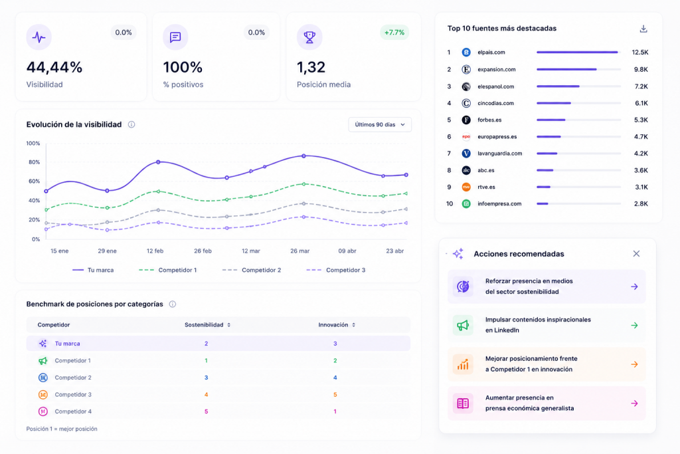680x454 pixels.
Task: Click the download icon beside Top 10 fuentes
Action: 643,29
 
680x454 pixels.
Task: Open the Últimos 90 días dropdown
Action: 380,124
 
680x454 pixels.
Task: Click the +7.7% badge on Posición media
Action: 394,33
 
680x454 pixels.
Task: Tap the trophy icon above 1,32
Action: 309,37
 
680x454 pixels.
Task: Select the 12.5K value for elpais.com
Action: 639,52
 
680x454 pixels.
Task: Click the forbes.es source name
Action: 489,120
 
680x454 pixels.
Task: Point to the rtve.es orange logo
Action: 466,187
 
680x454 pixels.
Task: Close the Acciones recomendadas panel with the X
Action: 636,253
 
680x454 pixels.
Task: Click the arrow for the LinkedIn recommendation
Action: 634,325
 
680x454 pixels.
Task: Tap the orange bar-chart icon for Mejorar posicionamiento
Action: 463,364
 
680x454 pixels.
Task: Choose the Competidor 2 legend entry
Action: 252,270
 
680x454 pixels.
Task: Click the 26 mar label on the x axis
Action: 299,251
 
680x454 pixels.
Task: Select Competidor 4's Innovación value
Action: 335,411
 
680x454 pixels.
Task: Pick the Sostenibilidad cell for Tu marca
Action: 206,343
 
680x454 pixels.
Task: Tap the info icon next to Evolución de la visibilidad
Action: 131,124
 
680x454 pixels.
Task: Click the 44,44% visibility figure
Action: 54,67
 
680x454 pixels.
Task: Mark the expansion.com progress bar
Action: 578,69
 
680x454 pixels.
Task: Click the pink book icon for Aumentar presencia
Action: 463,403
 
